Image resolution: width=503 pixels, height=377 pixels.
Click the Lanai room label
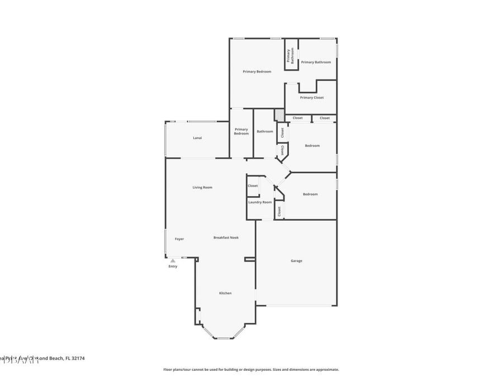(x=197, y=137)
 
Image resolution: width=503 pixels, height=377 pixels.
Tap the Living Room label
(x=202, y=188)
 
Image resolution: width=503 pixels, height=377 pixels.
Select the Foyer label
(x=179, y=239)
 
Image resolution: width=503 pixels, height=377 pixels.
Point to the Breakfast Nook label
(x=226, y=238)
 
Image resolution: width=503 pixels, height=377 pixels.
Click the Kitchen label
(x=225, y=293)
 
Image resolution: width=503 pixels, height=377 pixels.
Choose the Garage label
(x=296, y=261)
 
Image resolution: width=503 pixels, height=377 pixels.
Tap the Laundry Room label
(x=260, y=202)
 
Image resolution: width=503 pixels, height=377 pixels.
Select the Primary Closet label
(x=311, y=98)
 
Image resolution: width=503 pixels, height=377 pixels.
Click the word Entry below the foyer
(x=173, y=266)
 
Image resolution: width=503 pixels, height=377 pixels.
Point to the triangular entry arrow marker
(x=173, y=260)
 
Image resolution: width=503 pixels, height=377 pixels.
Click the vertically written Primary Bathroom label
(x=291, y=55)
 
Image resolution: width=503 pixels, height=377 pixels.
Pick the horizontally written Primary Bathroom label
(x=316, y=62)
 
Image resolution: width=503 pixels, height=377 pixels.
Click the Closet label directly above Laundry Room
(x=253, y=186)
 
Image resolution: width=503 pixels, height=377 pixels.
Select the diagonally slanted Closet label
(x=283, y=150)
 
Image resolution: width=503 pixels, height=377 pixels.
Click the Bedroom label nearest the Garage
(x=310, y=194)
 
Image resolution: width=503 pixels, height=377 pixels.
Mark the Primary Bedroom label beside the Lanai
(x=241, y=131)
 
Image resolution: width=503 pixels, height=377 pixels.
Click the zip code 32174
(x=77, y=358)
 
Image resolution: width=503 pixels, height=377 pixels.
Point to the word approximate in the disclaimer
(x=327, y=370)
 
